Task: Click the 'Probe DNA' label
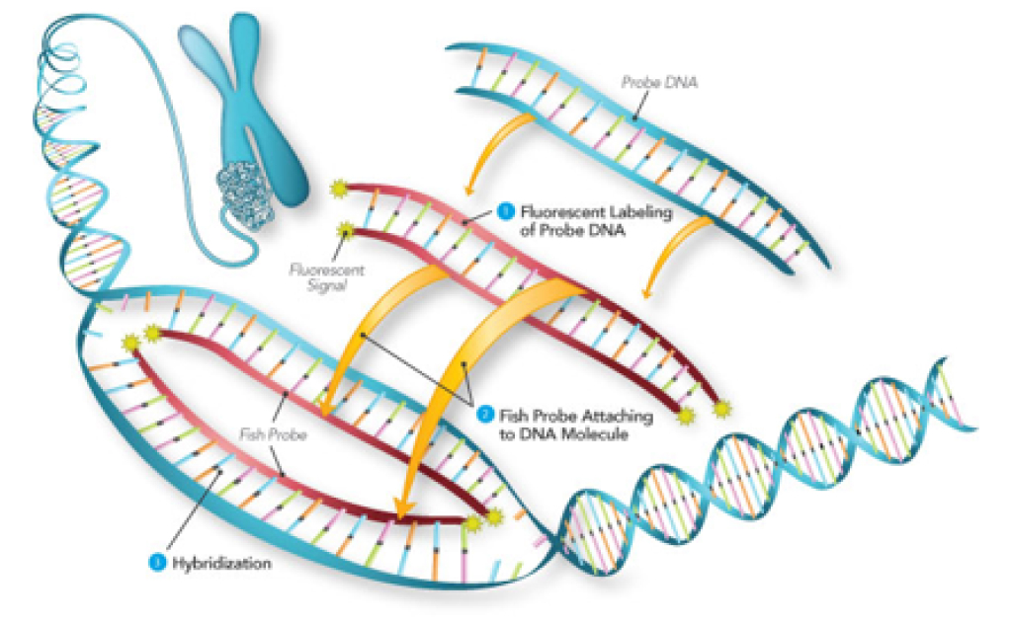coord(659,84)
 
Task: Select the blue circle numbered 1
coord(505,209)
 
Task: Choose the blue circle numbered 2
coord(483,416)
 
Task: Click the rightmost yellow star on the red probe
coord(722,408)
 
